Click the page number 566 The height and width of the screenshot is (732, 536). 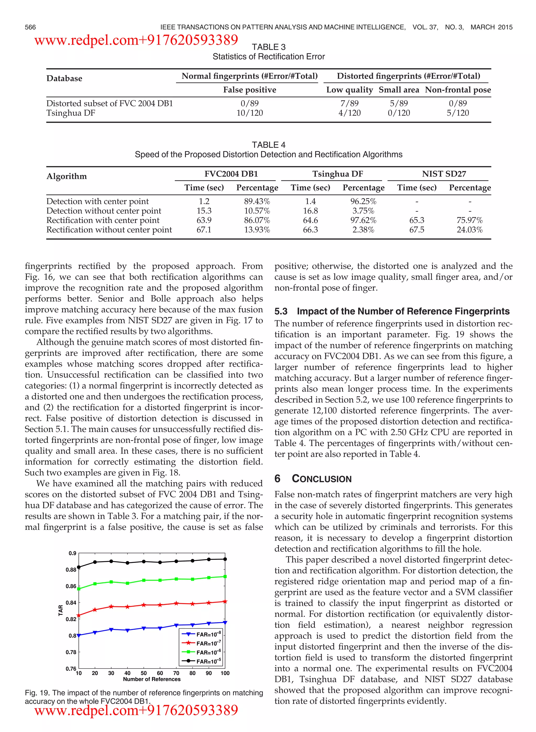click(30, 27)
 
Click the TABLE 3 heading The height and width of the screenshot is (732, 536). click(268, 47)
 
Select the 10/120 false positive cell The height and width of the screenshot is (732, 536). click(249, 113)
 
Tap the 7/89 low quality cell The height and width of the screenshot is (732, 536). click(349, 103)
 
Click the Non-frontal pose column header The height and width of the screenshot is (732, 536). click(457, 90)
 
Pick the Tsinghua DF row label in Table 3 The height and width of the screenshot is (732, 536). click(71, 113)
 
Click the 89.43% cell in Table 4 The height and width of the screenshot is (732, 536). click(257, 202)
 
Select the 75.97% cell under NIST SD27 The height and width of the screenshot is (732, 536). click(470, 220)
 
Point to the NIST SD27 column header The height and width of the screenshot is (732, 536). click(444, 174)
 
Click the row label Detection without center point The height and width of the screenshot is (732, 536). click(103, 211)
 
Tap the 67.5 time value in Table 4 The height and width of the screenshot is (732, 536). click(417, 230)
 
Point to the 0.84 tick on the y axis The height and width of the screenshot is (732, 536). click(71, 603)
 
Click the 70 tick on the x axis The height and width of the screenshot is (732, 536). click(176, 673)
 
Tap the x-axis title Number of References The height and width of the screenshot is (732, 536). click(152, 679)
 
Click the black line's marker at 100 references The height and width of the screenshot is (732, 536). click(225, 559)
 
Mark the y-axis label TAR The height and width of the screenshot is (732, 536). click(61, 610)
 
